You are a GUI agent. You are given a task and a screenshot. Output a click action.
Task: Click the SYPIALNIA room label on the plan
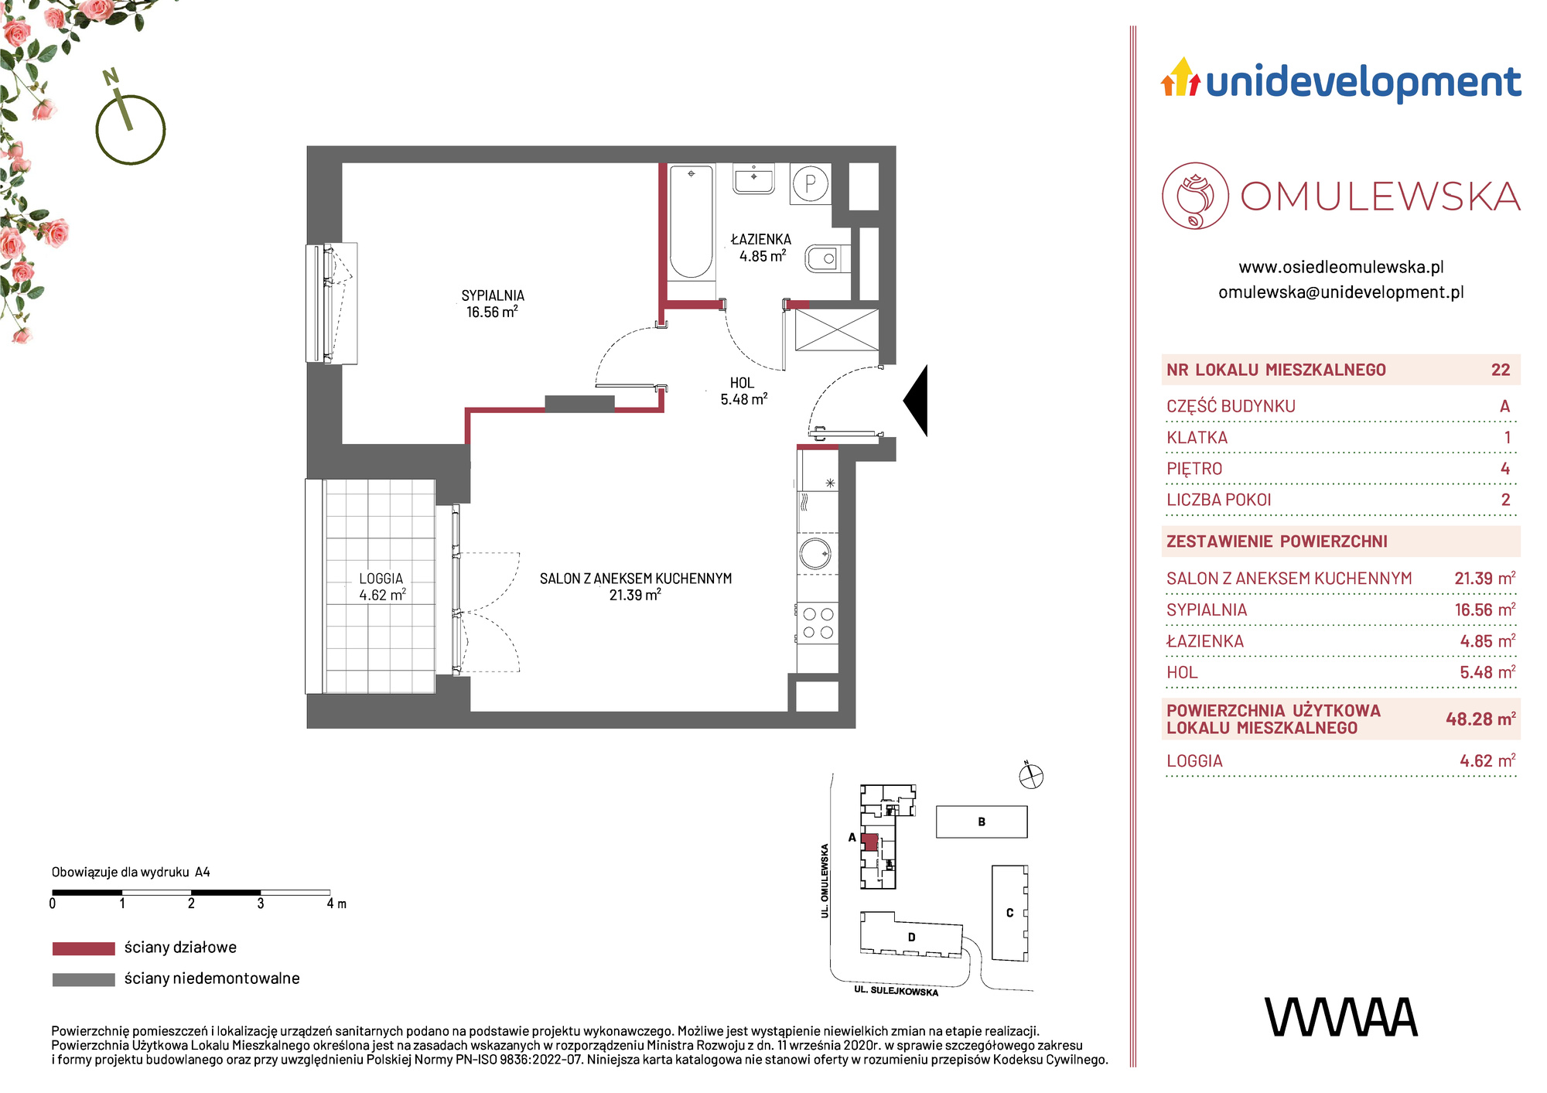[493, 295]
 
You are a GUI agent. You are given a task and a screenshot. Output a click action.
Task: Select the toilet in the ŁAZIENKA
[827, 259]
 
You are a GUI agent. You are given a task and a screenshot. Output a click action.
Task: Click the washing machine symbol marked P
[811, 184]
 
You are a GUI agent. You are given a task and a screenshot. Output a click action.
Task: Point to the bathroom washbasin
[753, 179]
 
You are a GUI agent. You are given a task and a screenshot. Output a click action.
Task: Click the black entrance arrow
[916, 400]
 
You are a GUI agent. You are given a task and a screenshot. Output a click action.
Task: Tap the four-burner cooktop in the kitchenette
[818, 623]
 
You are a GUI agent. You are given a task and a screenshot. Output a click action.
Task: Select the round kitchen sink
[815, 554]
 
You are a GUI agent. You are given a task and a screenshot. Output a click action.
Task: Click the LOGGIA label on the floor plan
[381, 579]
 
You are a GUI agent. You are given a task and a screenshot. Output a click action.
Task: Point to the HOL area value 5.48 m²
[744, 399]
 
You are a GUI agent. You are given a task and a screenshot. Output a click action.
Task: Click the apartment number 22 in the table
[1501, 370]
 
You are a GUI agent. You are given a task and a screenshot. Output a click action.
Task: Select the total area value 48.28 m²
[1480, 719]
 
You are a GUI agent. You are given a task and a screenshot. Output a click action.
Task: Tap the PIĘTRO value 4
[1505, 469]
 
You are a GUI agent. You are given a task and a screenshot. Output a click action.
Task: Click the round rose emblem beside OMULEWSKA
[1195, 196]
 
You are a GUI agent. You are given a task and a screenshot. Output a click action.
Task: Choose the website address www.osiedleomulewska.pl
[1341, 267]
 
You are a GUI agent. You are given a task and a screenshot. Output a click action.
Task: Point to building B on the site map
[982, 821]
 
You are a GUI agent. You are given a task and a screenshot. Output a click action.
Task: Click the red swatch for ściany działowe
[84, 948]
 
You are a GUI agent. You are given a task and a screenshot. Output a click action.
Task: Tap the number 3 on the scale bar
[261, 903]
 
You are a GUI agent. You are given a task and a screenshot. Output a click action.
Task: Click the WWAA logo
[1341, 1017]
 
